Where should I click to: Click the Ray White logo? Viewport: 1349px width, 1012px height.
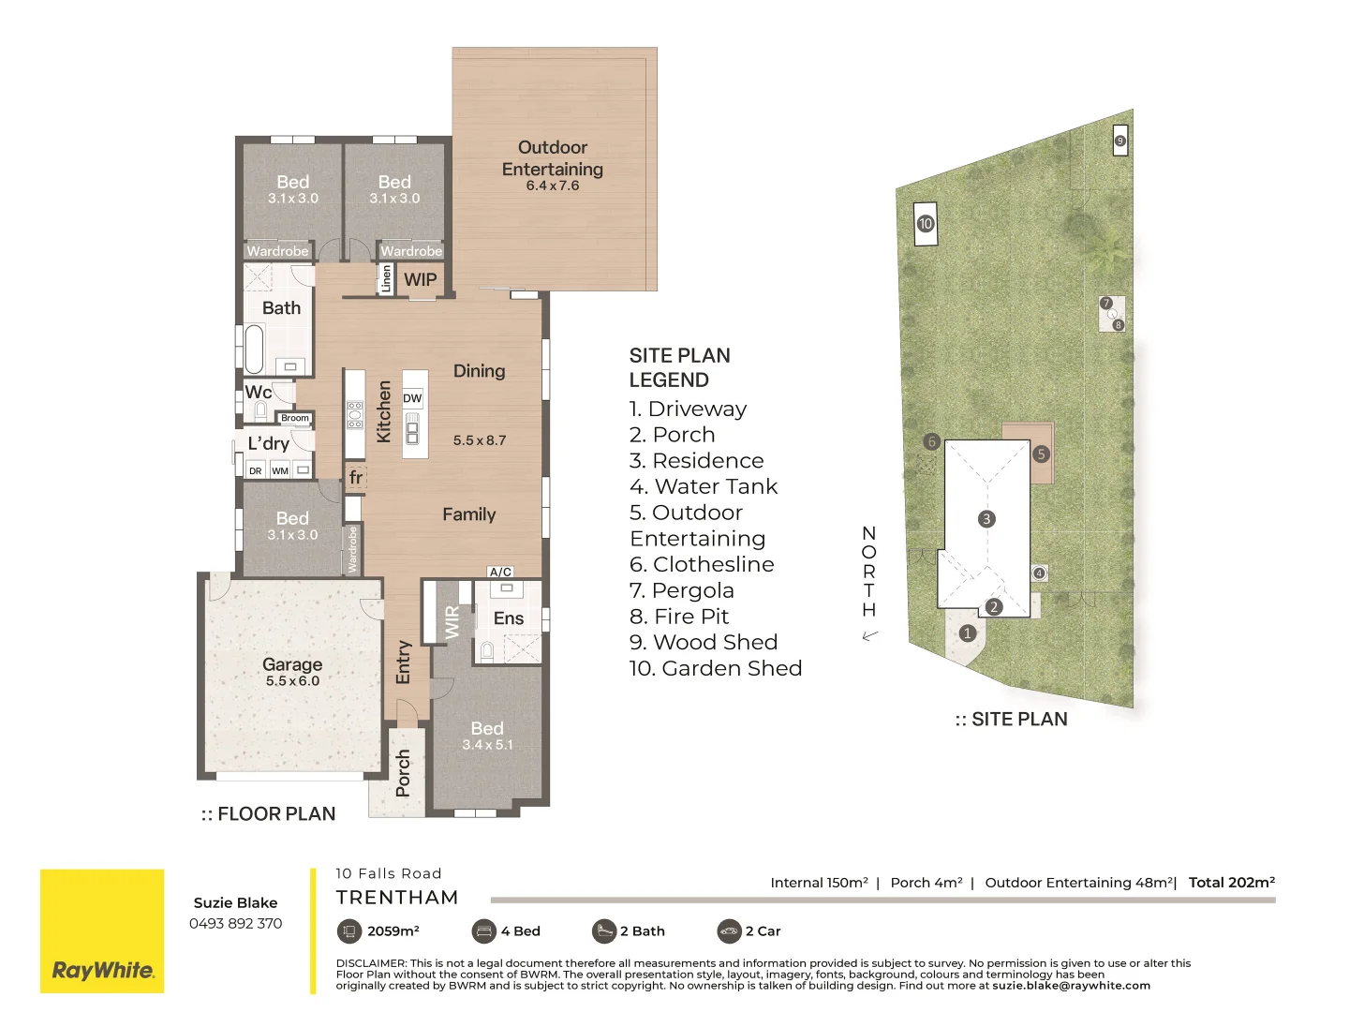(x=102, y=970)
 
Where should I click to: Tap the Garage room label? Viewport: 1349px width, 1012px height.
(x=292, y=664)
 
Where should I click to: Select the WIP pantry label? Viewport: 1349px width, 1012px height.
(x=420, y=279)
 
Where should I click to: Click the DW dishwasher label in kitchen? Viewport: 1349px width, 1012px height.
(x=412, y=398)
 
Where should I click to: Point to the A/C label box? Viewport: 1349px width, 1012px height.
(x=500, y=572)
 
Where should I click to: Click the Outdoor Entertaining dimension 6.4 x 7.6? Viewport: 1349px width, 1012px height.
(x=553, y=186)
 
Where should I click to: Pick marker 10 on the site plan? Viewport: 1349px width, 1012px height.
(x=926, y=224)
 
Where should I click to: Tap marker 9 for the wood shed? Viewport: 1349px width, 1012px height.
(x=1119, y=141)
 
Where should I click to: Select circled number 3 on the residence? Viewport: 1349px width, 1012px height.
(x=986, y=519)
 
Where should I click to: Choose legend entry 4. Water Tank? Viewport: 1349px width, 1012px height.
(x=704, y=486)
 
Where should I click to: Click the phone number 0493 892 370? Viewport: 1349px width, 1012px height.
(x=235, y=923)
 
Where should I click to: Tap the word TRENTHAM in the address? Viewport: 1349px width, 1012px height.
(x=397, y=898)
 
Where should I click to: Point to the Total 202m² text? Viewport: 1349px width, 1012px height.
(x=1231, y=883)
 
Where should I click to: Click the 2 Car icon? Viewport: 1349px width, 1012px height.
(x=729, y=930)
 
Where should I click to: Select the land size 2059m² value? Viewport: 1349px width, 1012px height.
(x=393, y=930)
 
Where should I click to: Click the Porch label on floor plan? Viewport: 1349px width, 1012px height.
(x=403, y=773)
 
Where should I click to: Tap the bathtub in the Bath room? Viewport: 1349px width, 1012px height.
(x=254, y=349)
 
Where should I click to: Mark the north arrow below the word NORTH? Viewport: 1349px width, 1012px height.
(x=870, y=635)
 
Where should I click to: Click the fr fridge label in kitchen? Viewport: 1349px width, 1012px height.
(x=355, y=477)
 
